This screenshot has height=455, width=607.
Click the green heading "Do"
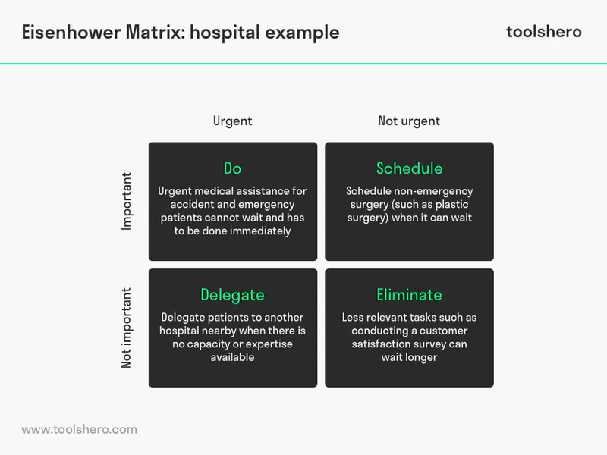click(x=232, y=168)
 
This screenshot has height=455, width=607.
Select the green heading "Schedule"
click(x=409, y=168)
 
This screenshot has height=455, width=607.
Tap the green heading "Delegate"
click(x=232, y=294)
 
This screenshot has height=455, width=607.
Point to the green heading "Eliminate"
click(x=409, y=294)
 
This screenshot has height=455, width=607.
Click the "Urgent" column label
click(x=232, y=121)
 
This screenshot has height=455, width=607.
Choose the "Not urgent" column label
click(x=409, y=121)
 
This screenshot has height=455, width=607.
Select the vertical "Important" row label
click(x=127, y=201)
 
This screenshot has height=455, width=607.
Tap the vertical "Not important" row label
click(x=127, y=328)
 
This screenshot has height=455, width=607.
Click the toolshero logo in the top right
click(x=543, y=31)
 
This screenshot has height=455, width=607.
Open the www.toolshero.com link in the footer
click(x=79, y=429)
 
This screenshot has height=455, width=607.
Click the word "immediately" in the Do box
click(x=259, y=231)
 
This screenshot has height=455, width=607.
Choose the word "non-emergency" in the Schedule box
click(x=432, y=192)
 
